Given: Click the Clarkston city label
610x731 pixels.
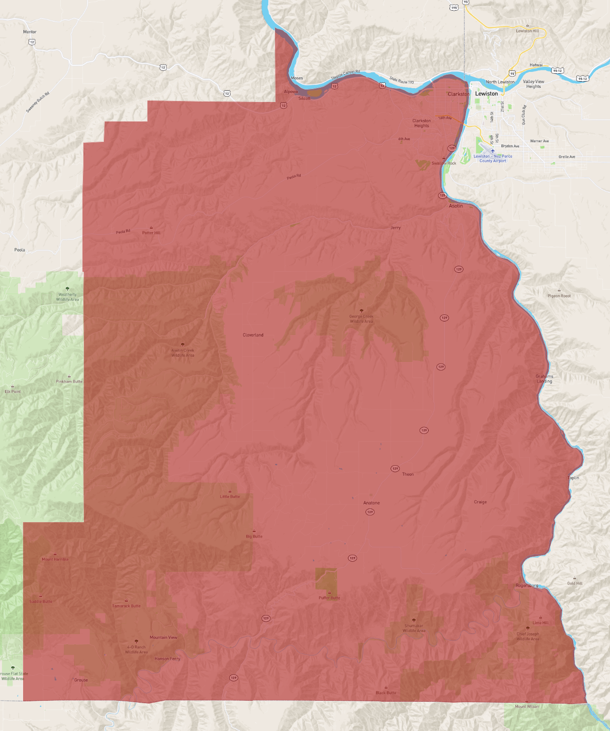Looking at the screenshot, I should click(x=458, y=94).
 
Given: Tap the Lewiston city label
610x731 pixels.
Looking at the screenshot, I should click(x=486, y=94).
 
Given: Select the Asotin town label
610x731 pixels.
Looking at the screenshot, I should click(x=456, y=206).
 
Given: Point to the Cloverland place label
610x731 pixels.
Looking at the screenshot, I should click(x=253, y=335).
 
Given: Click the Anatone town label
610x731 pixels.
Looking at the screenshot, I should click(x=371, y=503).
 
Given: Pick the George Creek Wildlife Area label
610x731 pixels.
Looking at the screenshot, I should click(x=361, y=319).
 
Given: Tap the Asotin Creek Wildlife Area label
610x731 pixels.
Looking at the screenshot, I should click(x=183, y=353).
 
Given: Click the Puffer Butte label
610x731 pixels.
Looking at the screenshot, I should click(x=329, y=598).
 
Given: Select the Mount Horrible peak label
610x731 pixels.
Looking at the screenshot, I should click(x=55, y=559).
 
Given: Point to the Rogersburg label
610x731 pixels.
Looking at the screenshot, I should click(x=527, y=585).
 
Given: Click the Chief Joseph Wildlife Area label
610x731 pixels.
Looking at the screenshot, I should click(x=528, y=636).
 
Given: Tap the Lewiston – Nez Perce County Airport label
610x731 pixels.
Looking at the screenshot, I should click(x=493, y=159).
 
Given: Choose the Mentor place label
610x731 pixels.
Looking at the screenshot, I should click(x=30, y=32).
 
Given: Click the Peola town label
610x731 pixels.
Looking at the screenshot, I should click(x=19, y=250).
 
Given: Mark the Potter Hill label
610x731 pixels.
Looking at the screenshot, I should click(x=151, y=233).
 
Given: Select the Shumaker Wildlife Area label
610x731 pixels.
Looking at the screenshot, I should click(x=414, y=628).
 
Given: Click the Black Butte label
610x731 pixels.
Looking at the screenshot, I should click(x=386, y=693).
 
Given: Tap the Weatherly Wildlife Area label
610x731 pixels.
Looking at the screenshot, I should click(x=68, y=297).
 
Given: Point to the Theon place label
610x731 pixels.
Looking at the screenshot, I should click(x=408, y=475).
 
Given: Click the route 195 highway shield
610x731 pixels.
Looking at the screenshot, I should click(x=454, y=7).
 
